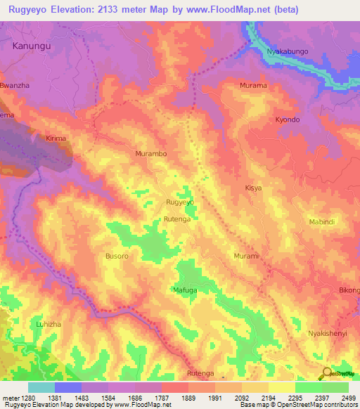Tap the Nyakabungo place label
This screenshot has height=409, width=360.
coord(286,51)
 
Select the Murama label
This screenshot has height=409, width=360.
coord(253,86)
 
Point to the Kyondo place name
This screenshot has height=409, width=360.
coord(288,120)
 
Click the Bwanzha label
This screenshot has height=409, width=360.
coord(16,86)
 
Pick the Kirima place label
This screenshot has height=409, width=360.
coord(56,138)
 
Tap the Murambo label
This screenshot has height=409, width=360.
coord(150,152)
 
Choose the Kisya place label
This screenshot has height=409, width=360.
coord(253,188)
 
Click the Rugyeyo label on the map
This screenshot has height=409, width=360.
coord(179,202)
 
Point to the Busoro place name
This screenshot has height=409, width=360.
coord(117,257)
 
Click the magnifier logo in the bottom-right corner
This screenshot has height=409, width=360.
coord(326,373)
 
